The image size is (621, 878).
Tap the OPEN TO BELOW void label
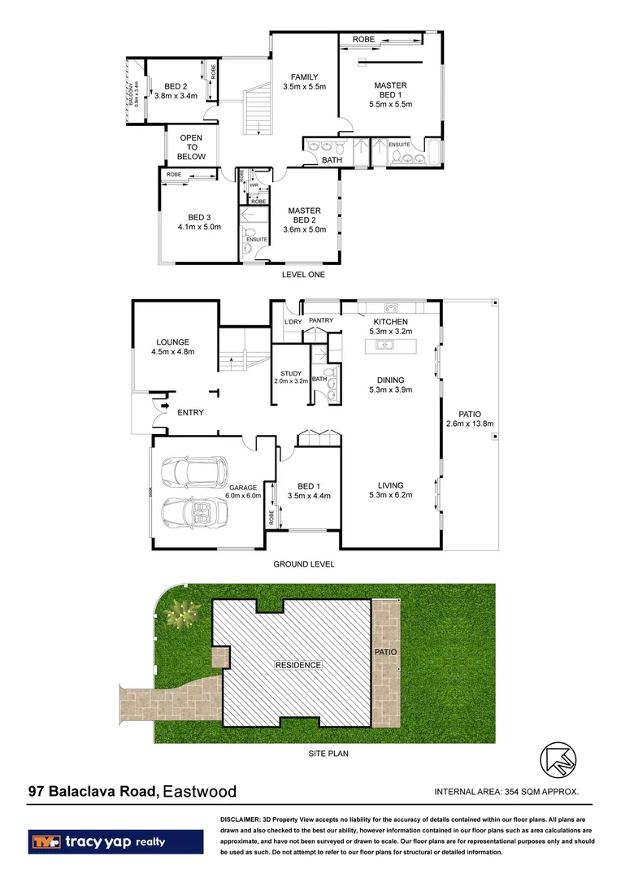click(192, 147)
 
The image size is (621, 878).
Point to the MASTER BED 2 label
click(304, 219)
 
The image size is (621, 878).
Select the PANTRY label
click(321, 320)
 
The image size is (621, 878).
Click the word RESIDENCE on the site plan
click(297, 665)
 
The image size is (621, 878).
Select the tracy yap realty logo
click(115, 841)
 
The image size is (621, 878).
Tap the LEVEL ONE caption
click(302, 275)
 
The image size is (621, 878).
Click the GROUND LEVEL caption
click(303, 563)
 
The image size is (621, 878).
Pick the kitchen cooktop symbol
click(390, 307)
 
